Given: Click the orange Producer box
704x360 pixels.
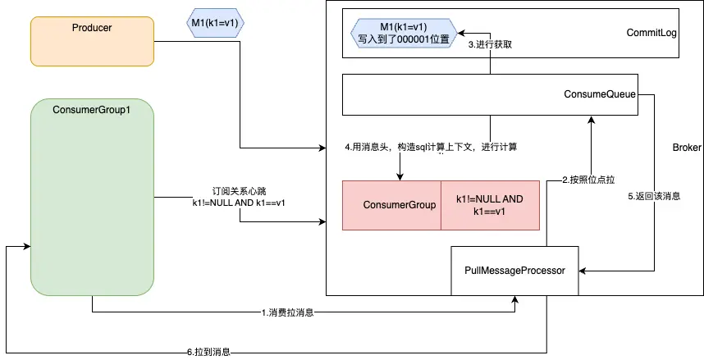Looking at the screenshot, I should (92, 41).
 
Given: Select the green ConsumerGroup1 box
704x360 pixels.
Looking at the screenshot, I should (92, 197).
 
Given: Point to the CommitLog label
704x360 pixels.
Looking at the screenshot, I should (651, 34).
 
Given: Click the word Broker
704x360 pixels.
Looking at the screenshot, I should (687, 148).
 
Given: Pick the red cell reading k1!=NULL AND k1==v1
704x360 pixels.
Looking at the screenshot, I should (491, 205).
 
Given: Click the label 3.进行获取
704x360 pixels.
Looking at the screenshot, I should (490, 44).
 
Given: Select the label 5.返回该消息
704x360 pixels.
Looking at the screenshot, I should (654, 197).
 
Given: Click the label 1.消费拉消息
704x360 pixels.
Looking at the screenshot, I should (286, 312).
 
